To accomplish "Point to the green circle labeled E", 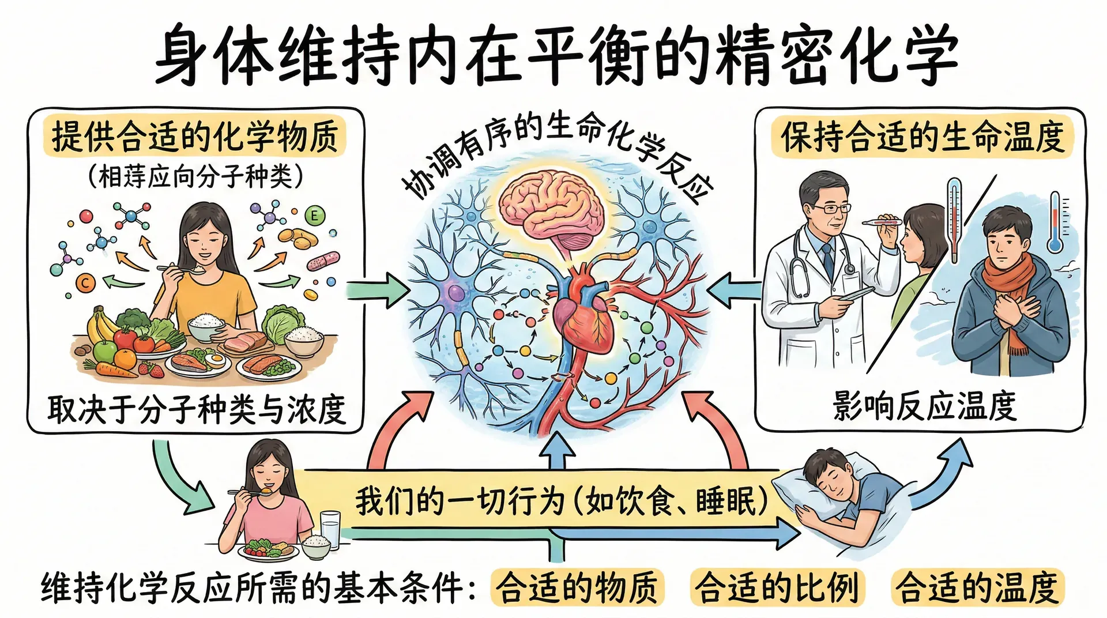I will click(314, 216).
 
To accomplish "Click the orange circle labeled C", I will click(86, 282).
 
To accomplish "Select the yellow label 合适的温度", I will click(977, 587).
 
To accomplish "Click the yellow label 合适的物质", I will click(577, 587).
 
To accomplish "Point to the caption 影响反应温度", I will click(924, 406).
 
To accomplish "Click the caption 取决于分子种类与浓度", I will click(196, 409).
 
